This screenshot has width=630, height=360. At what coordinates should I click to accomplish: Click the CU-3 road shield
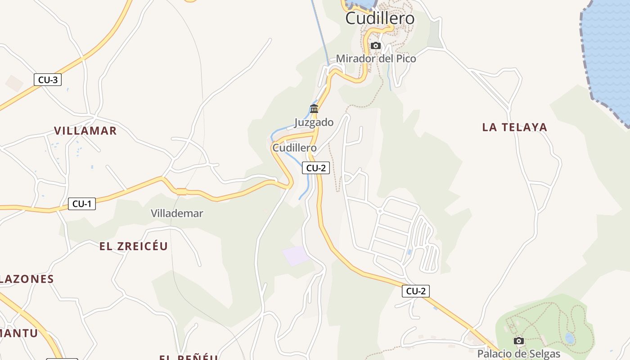click(48, 80)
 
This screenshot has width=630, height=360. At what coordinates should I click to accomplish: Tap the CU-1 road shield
click(82, 204)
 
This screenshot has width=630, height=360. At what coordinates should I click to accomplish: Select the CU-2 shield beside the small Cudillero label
click(316, 168)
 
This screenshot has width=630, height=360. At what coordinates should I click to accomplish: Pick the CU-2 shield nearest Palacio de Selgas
click(416, 291)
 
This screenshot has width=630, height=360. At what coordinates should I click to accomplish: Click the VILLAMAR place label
click(85, 131)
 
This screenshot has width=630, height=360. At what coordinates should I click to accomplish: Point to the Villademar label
click(177, 213)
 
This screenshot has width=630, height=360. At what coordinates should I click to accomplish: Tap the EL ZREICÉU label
click(134, 246)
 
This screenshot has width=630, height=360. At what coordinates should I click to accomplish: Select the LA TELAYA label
click(515, 127)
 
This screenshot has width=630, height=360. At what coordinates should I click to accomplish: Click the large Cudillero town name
click(380, 18)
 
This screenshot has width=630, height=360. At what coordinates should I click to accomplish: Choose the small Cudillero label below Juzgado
click(294, 148)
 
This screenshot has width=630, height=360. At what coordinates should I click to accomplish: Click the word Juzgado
click(314, 122)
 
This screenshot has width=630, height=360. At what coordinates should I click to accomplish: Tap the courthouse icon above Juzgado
click(314, 108)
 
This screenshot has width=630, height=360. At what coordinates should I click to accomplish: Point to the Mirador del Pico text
click(376, 58)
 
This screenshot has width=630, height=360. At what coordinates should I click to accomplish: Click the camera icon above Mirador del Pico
click(376, 45)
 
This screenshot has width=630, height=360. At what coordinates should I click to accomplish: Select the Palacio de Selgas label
click(519, 353)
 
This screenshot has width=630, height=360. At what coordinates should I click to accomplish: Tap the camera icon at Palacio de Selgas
click(519, 341)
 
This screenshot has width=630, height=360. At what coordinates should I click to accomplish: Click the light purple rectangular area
click(296, 256)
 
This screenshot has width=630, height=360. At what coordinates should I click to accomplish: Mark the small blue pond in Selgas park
click(570, 338)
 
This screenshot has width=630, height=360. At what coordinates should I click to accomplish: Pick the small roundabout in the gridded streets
click(380, 211)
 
